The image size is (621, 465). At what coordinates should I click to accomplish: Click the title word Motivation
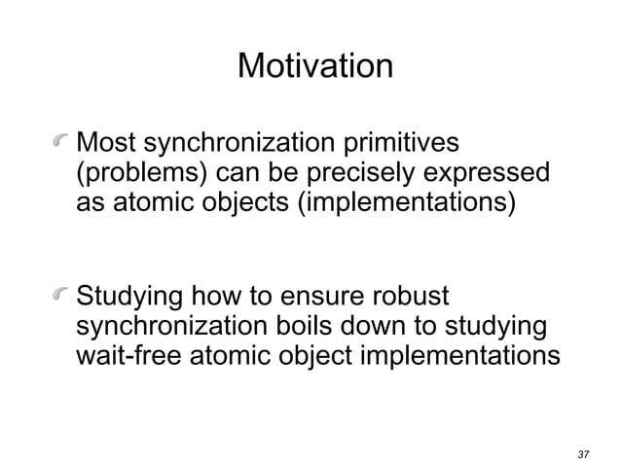(314, 67)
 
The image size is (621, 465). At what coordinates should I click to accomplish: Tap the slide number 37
(584, 454)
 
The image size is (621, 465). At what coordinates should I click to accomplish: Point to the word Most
(103, 144)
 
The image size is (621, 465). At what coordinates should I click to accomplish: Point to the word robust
(421, 295)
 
